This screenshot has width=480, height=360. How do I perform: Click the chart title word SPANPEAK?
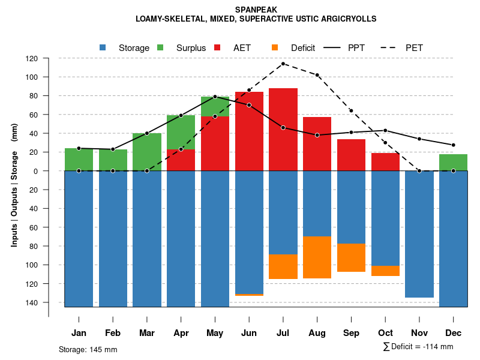click(256, 10)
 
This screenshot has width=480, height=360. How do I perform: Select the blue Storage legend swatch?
click(103, 47)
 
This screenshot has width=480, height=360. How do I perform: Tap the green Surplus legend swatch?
click(160, 47)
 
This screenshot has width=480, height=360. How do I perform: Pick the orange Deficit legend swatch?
click(275, 47)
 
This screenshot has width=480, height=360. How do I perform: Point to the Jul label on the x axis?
click(283, 333)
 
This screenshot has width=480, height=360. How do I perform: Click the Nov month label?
click(419, 333)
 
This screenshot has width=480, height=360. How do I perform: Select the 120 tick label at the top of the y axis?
click(32, 59)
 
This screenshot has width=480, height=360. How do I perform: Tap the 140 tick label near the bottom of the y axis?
click(32, 302)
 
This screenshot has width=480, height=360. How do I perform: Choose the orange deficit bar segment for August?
click(317, 257)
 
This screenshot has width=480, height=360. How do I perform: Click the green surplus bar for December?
click(453, 163)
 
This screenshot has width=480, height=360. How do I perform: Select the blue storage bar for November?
click(419, 234)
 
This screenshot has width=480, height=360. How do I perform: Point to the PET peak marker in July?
click(283, 64)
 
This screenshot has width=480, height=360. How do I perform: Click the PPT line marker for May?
click(215, 97)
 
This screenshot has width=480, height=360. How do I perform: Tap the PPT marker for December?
click(453, 145)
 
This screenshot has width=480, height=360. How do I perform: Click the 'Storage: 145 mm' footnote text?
click(88, 349)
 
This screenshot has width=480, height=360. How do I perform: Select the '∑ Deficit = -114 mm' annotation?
click(418, 347)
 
